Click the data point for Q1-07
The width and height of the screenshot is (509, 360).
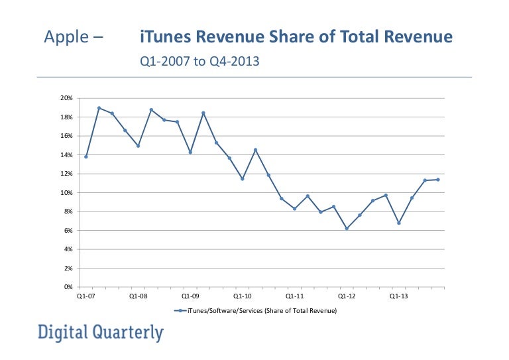coord(86,156)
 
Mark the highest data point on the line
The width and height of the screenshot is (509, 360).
coord(99,108)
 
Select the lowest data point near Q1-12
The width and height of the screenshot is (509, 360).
coord(347,229)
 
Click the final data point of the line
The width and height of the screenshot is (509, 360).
coord(438,180)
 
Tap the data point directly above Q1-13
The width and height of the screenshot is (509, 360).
coord(399,223)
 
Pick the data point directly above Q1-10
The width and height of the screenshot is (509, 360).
coord(243,179)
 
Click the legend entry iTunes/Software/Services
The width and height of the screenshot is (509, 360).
coord(255,311)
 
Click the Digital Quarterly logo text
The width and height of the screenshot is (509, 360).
coord(100,332)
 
